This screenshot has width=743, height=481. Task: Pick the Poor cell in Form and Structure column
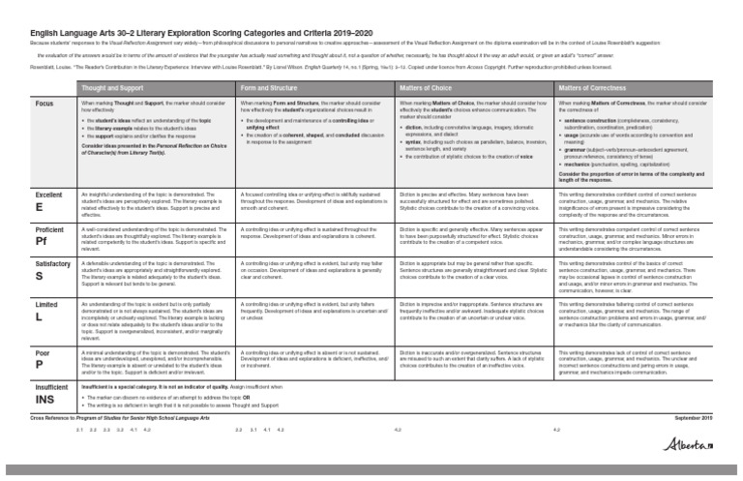tap(315, 364)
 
